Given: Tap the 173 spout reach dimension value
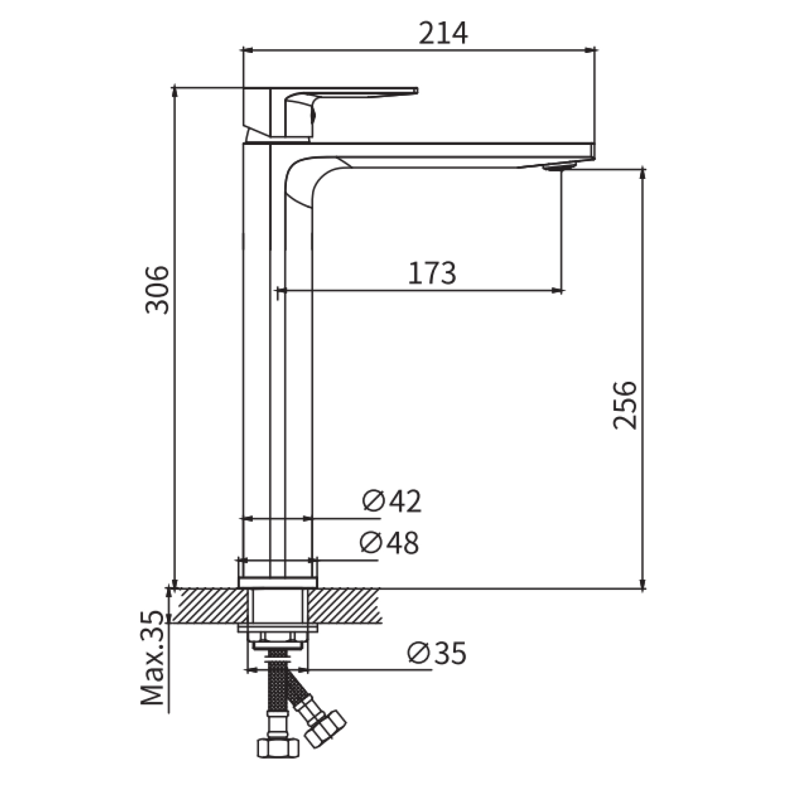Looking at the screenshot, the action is (x=432, y=273).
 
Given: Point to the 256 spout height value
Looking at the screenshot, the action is (x=625, y=405).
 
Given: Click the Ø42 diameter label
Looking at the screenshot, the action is (x=391, y=501).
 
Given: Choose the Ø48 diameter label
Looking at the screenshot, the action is (x=389, y=543).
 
